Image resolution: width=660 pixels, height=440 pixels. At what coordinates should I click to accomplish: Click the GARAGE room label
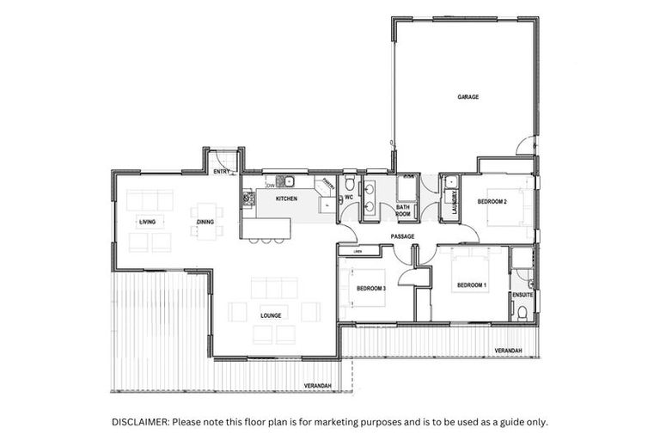467,97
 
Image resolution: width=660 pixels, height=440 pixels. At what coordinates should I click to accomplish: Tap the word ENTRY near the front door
222,172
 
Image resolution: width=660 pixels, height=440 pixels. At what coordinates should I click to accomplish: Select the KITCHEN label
286,199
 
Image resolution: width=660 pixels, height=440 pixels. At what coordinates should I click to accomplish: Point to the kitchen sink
290,181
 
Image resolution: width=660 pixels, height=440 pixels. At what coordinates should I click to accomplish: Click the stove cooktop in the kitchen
249,199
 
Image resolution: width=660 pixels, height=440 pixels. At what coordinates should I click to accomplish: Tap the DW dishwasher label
270,185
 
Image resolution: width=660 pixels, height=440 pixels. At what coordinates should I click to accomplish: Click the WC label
349,199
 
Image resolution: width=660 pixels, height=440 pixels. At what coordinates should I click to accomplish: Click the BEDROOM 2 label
492,201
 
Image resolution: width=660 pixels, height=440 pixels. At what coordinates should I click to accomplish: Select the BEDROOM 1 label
471,285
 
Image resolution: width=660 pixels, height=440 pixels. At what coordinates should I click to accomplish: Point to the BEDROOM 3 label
370,288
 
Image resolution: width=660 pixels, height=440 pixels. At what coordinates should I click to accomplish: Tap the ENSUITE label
522,295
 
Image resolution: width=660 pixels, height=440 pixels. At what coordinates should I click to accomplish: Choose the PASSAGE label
402,235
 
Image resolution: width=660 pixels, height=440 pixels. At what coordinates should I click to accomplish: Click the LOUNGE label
271,315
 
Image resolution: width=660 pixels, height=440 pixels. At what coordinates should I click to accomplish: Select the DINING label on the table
205,222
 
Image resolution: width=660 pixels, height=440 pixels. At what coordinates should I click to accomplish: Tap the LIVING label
146,222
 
